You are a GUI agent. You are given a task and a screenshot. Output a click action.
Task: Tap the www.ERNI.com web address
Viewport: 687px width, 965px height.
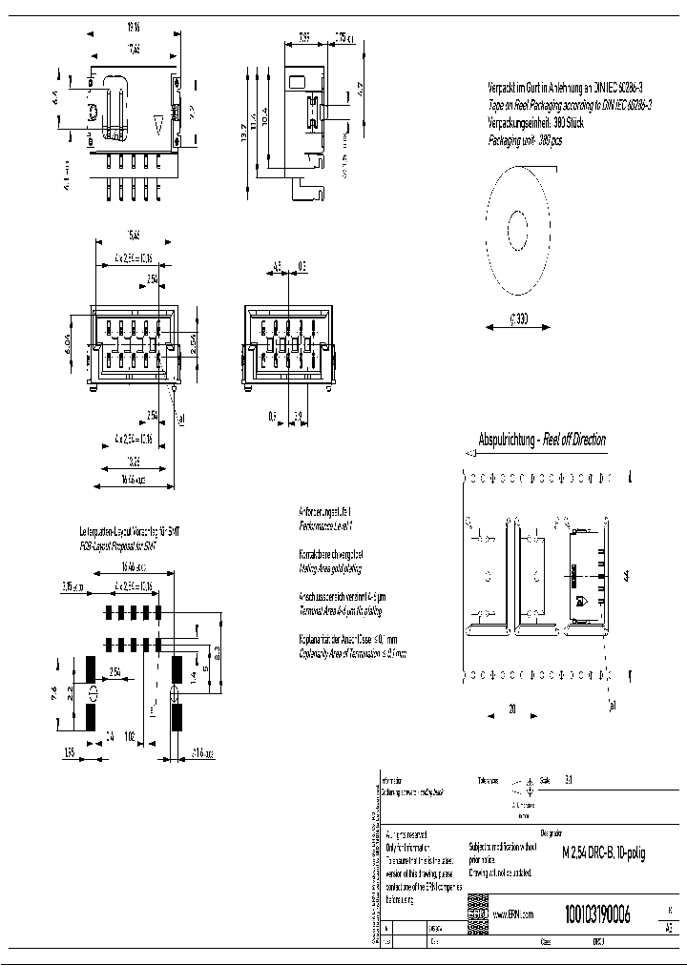click(x=513, y=914)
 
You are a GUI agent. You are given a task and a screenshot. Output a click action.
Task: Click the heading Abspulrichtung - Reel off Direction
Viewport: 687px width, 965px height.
click(x=542, y=440)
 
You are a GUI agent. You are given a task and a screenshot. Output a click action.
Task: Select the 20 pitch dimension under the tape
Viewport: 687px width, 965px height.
click(x=511, y=708)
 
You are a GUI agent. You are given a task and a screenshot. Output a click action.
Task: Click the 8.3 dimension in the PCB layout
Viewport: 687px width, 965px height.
click(x=219, y=652)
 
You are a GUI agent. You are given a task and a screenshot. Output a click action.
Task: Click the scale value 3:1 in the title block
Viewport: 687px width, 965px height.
click(x=570, y=778)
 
